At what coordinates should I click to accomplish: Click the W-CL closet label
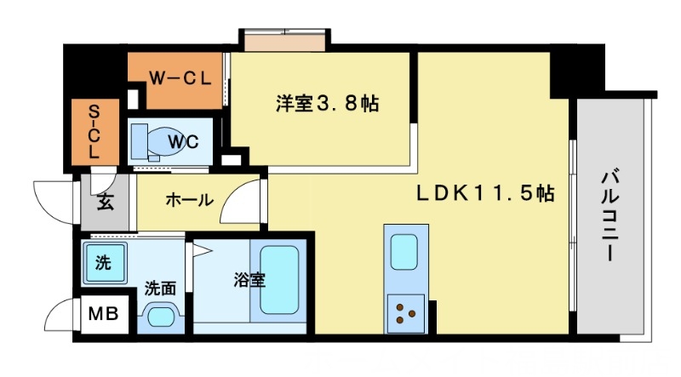(179, 78)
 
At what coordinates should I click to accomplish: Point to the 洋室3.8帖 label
(327, 105)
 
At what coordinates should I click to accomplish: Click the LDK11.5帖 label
(484, 194)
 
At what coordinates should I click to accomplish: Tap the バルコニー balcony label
(610, 215)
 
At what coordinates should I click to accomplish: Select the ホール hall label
(189, 201)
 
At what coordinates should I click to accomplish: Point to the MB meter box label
(104, 315)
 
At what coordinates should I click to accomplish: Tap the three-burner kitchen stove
(404, 313)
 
